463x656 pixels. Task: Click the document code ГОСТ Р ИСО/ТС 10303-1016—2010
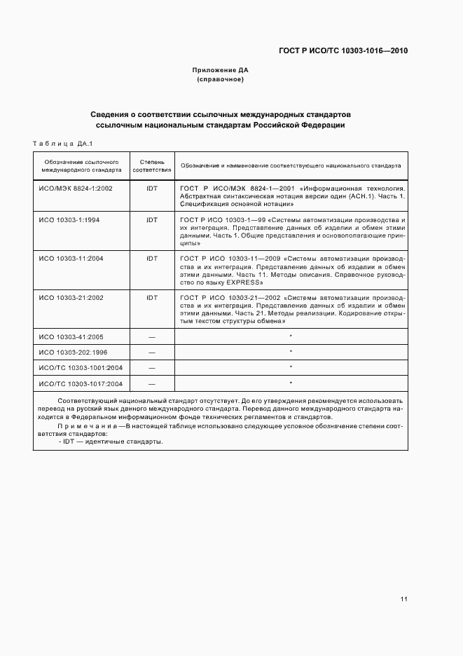(x=343, y=50)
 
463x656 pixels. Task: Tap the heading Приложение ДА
(x=221, y=70)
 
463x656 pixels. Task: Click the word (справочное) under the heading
(x=221, y=79)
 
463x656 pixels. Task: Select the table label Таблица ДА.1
(x=63, y=144)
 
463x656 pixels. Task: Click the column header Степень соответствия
(x=152, y=165)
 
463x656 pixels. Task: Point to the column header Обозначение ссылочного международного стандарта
(x=81, y=165)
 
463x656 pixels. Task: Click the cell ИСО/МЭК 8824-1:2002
(x=76, y=189)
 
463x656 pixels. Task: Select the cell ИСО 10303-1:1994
(x=69, y=220)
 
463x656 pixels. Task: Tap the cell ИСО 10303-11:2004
(x=71, y=259)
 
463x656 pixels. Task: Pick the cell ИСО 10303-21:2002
(x=71, y=297)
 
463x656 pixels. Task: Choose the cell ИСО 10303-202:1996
(x=73, y=352)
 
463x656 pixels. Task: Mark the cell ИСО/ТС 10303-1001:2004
(x=81, y=367)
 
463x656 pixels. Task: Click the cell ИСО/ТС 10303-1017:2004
(x=81, y=383)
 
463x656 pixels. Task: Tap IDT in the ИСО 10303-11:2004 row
(x=152, y=259)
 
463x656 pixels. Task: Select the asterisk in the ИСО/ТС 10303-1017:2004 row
(x=291, y=383)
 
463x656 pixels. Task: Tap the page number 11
(x=404, y=599)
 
